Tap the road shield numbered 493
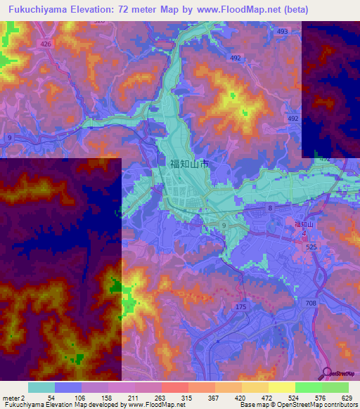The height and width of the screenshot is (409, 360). (283, 32)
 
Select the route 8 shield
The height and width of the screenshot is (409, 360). (269, 209)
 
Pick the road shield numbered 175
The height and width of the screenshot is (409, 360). (241, 307)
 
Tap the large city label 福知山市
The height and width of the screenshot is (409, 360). (188, 163)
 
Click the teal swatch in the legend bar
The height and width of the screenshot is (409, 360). (41, 387)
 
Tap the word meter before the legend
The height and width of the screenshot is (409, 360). (11, 398)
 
